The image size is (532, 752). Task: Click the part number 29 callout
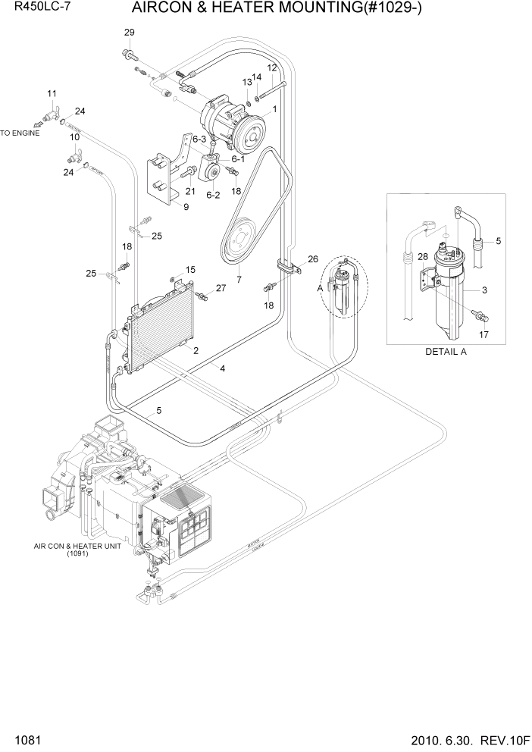tap(129, 32)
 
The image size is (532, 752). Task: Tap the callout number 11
tap(52, 94)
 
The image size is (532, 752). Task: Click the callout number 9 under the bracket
tap(186, 206)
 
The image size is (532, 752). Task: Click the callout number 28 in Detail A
tap(422, 255)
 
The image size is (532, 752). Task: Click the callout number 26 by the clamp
tap(313, 258)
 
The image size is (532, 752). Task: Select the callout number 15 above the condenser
tap(190, 269)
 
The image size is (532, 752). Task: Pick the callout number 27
tap(221, 288)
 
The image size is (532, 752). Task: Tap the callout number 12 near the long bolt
tap(271, 68)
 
